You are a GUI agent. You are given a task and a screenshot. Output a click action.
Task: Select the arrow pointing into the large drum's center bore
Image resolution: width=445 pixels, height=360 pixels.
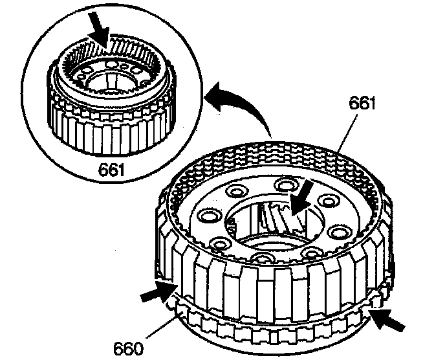coord(303,198)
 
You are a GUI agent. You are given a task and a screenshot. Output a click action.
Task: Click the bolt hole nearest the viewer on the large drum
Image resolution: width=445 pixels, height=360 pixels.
coord(262,260)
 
